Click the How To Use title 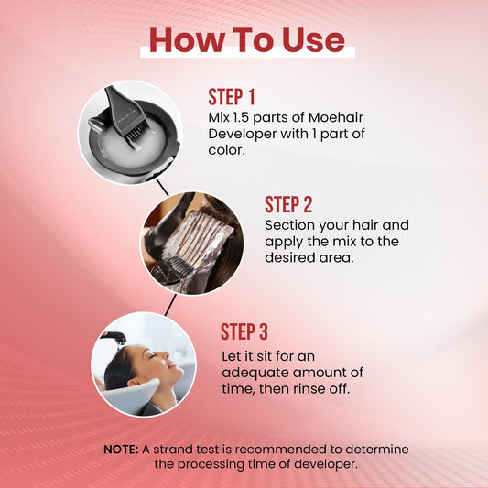point(247,40)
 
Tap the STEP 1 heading point(232,97)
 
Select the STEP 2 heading point(288,204)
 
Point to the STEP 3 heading point(244,331)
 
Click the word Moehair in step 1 point(336,117)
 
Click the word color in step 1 point(226,150)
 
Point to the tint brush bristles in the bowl point(136,133)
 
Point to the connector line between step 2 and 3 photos point(170,305)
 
